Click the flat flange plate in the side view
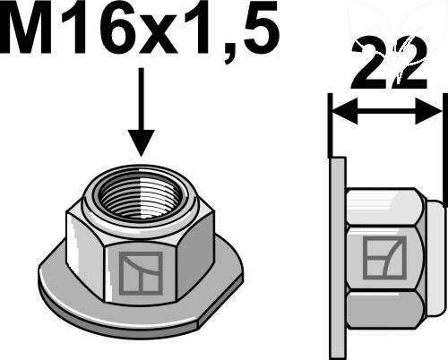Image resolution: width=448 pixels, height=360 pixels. (337, 260)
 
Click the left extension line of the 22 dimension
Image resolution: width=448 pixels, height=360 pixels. (331, 125)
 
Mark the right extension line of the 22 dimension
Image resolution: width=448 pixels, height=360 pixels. (443, 125)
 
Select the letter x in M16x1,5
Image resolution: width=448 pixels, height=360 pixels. (164, 38)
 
